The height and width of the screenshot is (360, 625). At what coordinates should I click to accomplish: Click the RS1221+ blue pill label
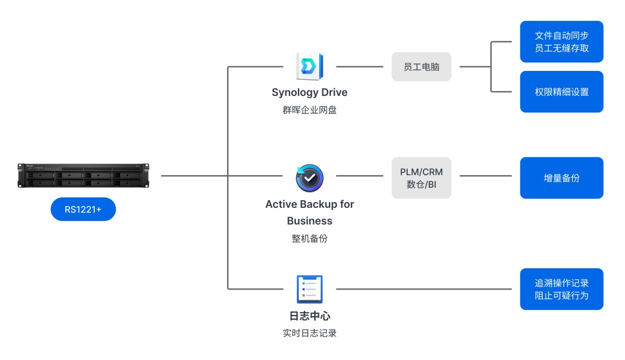(x=83, y=209)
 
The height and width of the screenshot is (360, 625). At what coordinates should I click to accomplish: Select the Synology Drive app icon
(x=309, y=66)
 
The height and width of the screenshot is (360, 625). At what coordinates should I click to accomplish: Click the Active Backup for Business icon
(x=309, y=178)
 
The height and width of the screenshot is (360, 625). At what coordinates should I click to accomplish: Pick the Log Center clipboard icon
(x=309, y=289)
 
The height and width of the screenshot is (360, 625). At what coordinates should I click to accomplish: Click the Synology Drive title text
(x=309, y=93)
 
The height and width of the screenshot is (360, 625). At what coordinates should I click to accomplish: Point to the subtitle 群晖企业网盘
(x=309, y=110)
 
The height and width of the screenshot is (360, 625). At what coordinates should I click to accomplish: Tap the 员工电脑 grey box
(x=421, y=67)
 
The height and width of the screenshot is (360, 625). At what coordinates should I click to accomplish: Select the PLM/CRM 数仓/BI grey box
(x=421, y=178)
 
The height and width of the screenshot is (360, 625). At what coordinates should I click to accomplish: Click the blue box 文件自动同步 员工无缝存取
(x=561, y=42)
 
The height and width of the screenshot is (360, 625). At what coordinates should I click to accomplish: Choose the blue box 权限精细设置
(x=561, y=92)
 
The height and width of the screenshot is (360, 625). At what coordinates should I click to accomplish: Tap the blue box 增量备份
(x=561, y=178)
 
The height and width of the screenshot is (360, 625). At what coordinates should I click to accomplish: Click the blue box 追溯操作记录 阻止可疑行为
(x=561, y=289)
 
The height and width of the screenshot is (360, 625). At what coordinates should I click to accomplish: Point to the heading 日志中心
(x=309, y=316)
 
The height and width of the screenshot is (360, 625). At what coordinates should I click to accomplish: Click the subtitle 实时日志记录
(x=309, y=333)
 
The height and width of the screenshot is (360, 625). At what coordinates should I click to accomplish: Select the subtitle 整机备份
(x=309, y=239)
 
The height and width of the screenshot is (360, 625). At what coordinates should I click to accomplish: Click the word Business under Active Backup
(x=309, y=221)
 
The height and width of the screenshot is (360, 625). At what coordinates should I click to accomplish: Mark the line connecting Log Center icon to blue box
(x=424, y=289)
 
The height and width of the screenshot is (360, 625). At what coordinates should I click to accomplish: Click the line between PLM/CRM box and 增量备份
(x=485, y=176)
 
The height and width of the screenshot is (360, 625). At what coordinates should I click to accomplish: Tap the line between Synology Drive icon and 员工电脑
(x=359, y=67)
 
